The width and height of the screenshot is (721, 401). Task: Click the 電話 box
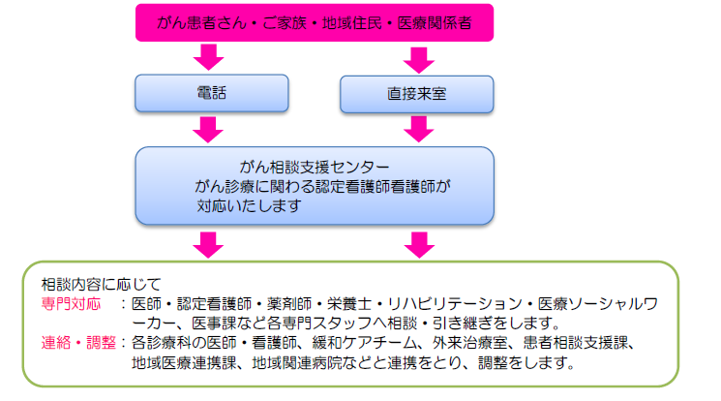212,93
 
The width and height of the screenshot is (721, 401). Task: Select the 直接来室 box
416,94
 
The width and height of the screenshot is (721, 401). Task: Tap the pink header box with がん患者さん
315,22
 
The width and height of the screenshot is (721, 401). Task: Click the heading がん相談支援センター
315,167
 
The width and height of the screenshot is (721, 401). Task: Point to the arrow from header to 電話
208,57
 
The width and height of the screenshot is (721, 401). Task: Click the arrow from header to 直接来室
418,60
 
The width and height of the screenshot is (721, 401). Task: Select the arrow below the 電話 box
208,130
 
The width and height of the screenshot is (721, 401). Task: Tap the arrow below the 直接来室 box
418,129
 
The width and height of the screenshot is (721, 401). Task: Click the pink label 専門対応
71,304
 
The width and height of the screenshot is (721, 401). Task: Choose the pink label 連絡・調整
78,343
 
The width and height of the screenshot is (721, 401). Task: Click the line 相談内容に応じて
102,284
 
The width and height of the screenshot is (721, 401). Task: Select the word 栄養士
349,304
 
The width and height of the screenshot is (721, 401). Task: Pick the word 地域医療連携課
185,363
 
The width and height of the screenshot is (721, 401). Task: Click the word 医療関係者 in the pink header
435,22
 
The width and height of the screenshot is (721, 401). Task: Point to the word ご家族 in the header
285,22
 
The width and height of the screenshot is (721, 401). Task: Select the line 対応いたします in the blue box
250,205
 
